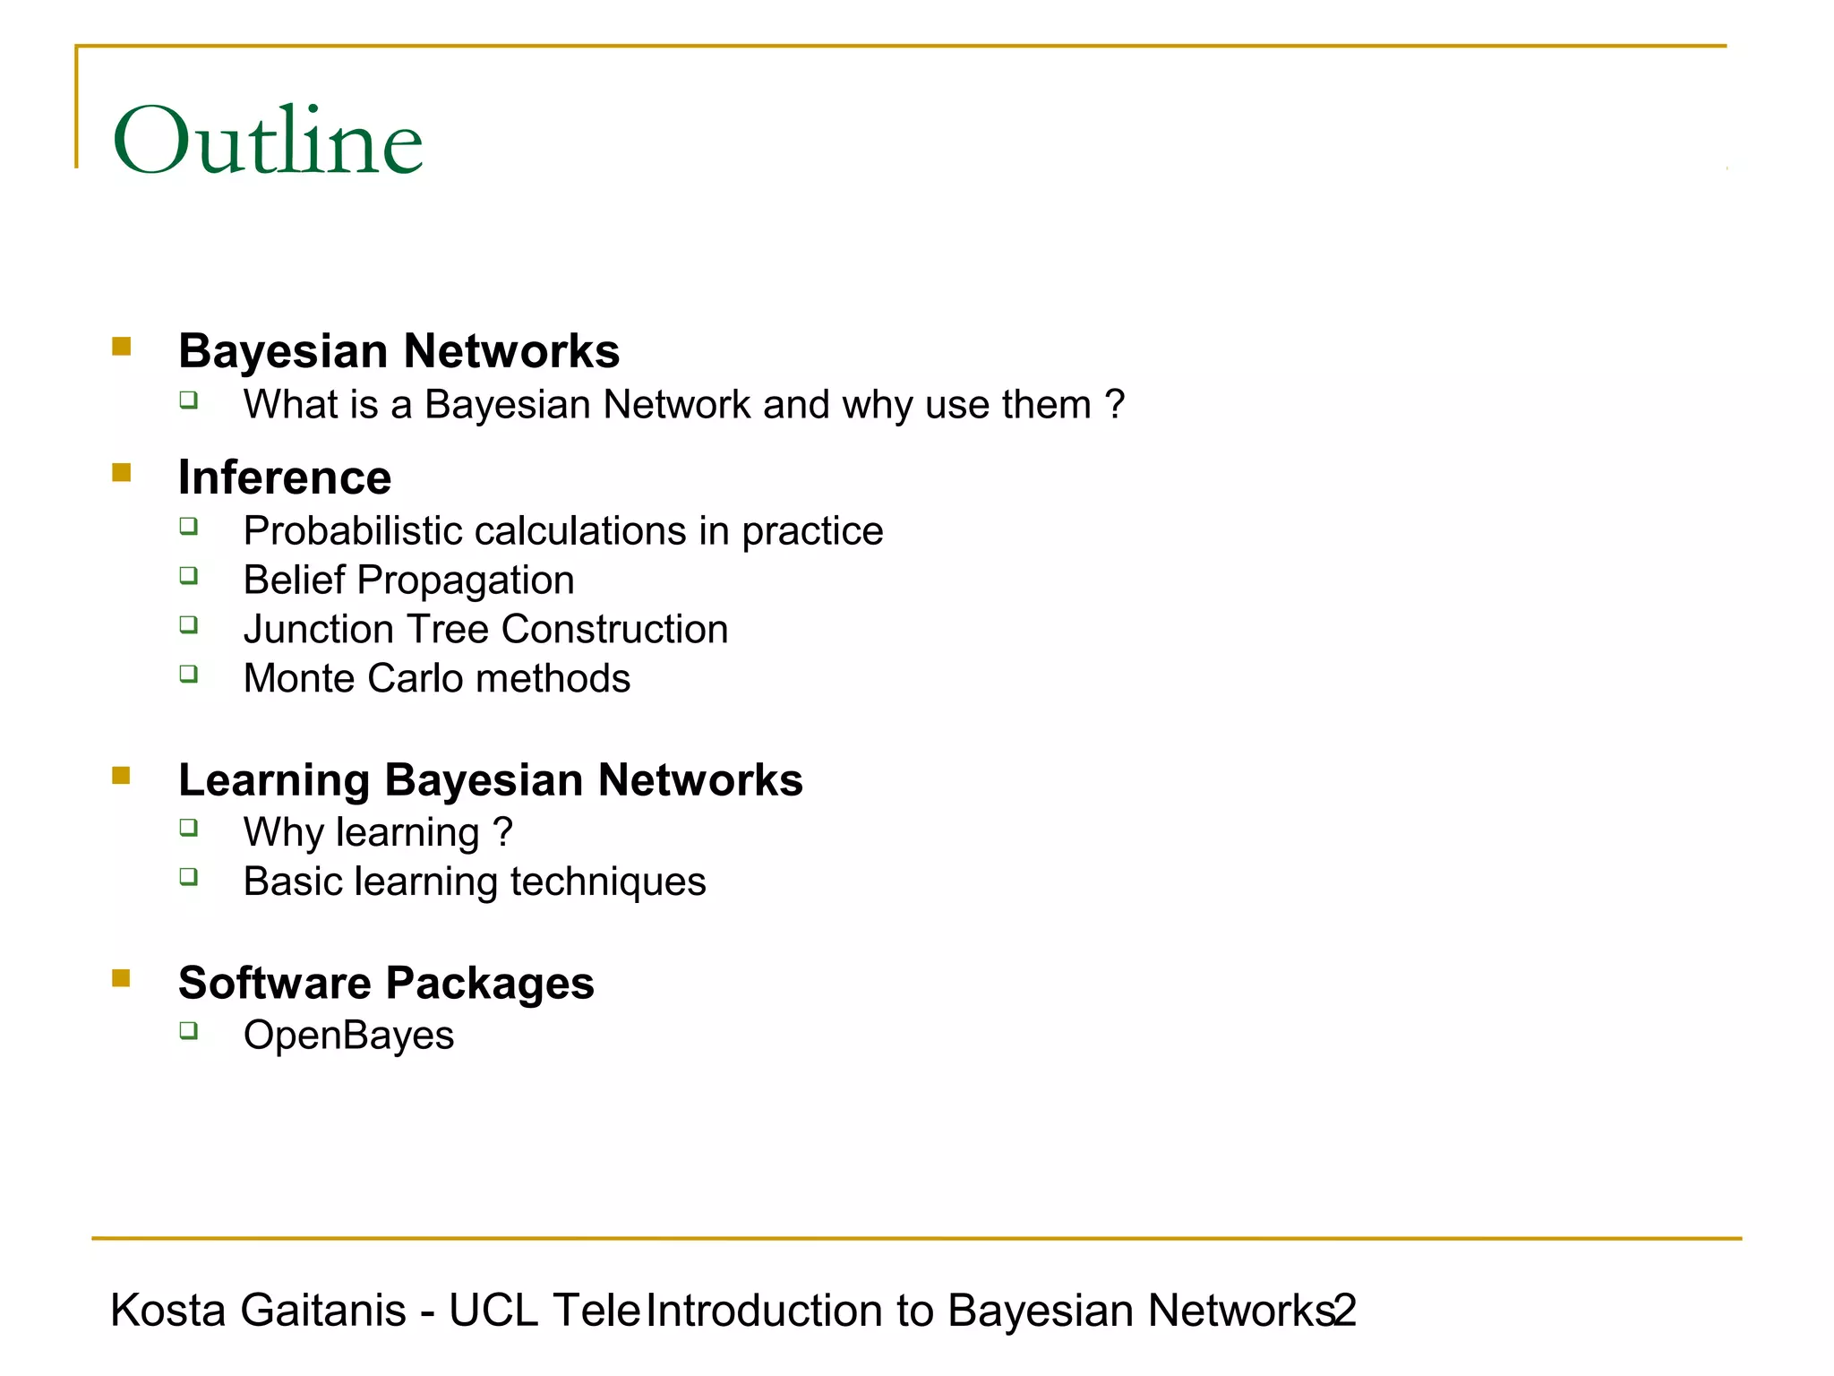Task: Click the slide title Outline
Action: (267, 141)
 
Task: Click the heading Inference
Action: (285, 477)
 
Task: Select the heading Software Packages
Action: (386, 983)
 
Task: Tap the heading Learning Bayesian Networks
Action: (490, 779)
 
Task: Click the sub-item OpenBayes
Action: (348, 1036)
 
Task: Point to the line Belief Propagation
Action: (408, 580)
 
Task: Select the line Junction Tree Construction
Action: (485, 630)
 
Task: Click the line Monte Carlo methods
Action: (436, 679)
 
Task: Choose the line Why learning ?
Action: (377, 832)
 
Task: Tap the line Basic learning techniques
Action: (475, 881)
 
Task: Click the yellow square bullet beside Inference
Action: (122, 472)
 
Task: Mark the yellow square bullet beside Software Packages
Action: (122, 977)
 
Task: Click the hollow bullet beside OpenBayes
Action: (188, 1030)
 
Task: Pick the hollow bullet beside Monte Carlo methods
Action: (188, 674)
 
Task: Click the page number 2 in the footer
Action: (1346, 1311)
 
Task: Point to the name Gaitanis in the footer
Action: (323, 1311)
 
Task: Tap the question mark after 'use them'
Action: (1114, 404)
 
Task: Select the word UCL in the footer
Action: (493, 1311)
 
